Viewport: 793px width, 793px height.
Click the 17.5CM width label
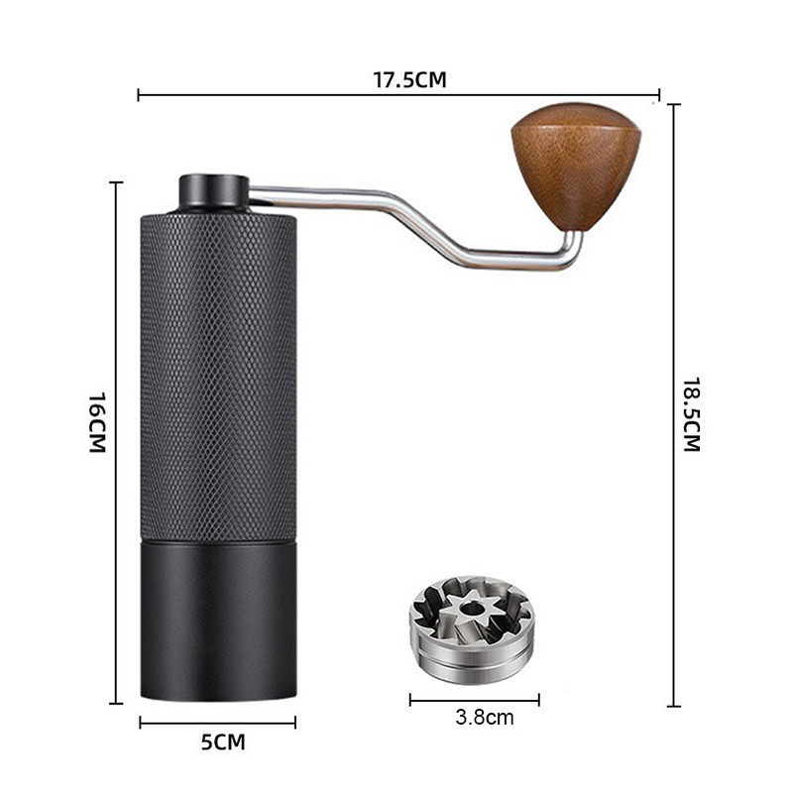click(x=409, y=80)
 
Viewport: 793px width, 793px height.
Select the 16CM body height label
click(x=96, y=422)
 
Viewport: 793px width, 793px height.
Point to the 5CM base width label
click(x=223, y=741)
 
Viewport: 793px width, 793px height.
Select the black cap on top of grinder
click(x=213, y=191)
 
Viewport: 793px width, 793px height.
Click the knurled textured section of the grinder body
click(x=218, y=377)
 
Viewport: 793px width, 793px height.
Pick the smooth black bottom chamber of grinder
click(x=218, y=620)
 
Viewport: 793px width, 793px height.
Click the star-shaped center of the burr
click(x=466, y=610)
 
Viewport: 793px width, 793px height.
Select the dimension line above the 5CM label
click(x=218, y=724)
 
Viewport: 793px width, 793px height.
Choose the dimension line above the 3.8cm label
click(x=474, y=700)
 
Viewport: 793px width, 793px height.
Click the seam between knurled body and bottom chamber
click(x=218, y=541)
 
